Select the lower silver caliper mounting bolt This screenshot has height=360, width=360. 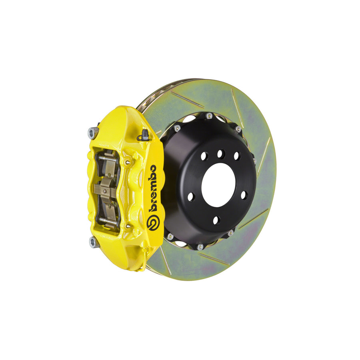point(93,241)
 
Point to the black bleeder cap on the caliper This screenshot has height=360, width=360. point(145,136)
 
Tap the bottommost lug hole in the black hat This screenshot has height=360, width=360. point(216,220)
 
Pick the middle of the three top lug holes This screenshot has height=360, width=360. point(221,153)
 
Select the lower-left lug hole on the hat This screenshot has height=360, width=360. point(191,196)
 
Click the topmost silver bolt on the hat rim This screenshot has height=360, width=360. point(209,116)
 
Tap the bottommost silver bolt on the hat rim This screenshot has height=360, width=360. point(200,246)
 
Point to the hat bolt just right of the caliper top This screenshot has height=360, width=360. point(177,128)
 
